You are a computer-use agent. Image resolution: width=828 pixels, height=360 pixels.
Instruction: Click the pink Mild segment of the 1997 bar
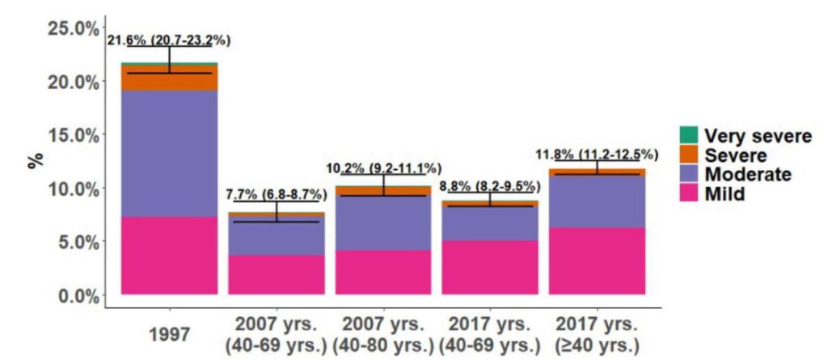(169, 255)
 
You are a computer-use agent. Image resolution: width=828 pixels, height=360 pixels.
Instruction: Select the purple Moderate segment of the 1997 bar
(169, 153)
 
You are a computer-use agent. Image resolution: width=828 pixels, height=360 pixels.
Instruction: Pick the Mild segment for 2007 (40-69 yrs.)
(277, 274)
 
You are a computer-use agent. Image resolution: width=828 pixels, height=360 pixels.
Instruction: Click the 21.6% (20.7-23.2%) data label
(169, 41)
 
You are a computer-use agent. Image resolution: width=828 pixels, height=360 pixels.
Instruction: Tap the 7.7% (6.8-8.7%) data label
(277, 194)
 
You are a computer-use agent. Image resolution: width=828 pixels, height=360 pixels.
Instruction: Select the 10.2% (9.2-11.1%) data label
(383, 168)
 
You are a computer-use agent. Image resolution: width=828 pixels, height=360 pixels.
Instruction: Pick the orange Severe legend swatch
(687, 155)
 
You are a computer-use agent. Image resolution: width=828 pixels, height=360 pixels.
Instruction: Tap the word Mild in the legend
(725, 194)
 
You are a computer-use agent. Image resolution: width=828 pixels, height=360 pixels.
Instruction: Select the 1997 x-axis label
(169, 333)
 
